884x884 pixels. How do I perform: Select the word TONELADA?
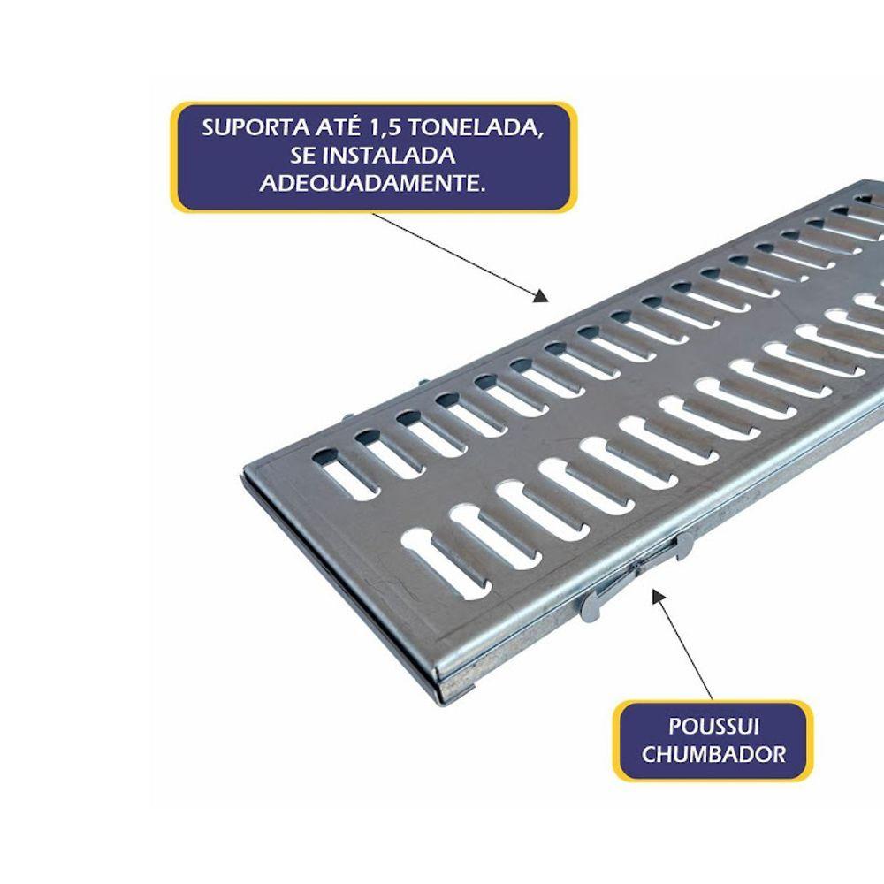(x=476, y=128)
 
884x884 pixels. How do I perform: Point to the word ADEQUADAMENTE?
(x=372, y=183)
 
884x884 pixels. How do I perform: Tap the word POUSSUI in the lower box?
(x=713, y=726)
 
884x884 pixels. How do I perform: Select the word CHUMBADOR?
(x=713, y=754)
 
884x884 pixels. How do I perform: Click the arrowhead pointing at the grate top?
(x=541, y=296)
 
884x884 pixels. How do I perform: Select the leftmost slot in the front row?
(x=446, y=561)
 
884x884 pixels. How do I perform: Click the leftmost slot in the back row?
(x=345, y=474)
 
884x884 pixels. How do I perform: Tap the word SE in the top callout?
(x=301, y=156)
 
